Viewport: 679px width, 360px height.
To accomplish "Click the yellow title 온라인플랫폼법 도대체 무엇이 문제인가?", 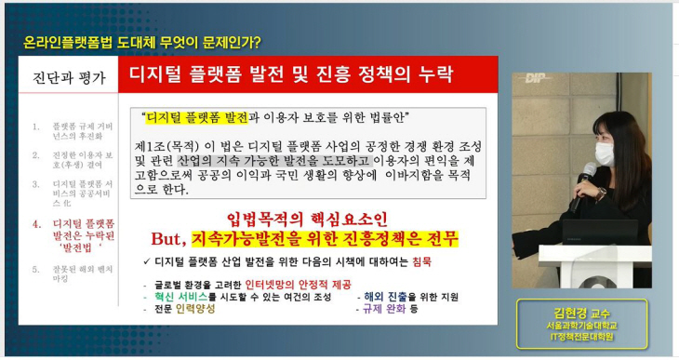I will [x=141, y=42].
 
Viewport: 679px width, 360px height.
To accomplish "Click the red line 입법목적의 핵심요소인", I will [x=302, y=219].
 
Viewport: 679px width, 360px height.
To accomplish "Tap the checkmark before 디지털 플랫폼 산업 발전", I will [x=148, y=261].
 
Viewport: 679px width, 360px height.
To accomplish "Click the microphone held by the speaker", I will [x=588, y=174].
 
